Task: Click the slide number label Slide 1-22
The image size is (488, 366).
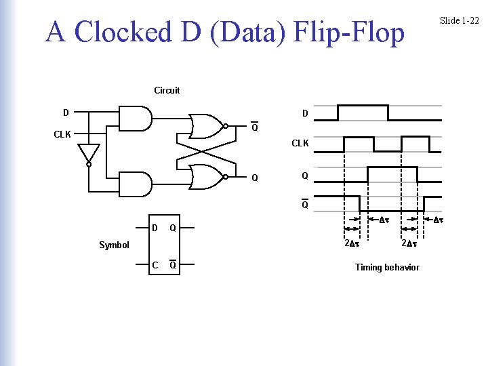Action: (x=459, y=20)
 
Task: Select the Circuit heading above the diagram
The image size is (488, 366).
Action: (x=167, y=90)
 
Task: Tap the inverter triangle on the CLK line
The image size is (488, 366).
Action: (x=89, y=154)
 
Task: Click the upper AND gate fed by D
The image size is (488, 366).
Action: (x=136, y=118)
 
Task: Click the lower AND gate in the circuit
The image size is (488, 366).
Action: (x=136, y=184)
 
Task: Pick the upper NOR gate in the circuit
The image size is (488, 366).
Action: (x=206, y=125)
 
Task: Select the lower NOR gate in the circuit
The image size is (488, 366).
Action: (x=206, y=178)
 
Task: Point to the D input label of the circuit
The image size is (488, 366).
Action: (x=65, y=112)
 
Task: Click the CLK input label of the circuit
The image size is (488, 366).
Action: (x=62, y=134)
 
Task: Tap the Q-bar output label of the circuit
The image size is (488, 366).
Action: (x=254, y=128)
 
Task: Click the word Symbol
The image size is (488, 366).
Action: (x=114, y=245)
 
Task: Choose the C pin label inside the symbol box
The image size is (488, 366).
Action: (x=155, y=265)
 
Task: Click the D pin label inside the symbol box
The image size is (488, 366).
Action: (x=155, y=228)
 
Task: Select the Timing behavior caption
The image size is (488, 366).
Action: (x=387, y=267)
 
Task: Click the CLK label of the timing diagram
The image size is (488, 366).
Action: (x=300, y=144)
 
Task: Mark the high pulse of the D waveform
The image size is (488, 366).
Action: (x=363, y=112)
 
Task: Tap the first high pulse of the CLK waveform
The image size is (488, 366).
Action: (x=359, y=144)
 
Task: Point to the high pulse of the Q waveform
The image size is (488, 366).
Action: (x=392, y=175)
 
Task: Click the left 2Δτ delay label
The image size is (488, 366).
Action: (x=351, y=243)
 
